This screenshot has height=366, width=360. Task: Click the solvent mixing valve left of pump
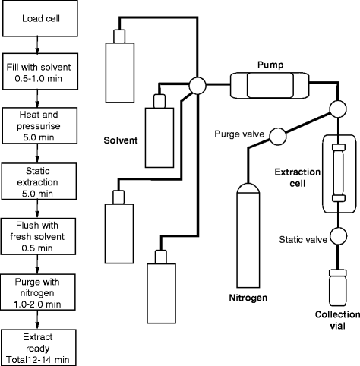197,85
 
